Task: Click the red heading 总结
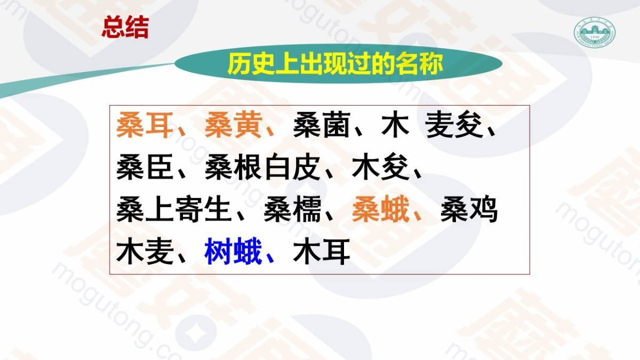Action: (x=125, y=27)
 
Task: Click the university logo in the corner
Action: (x=595, y=32)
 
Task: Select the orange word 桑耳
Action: (x=145, y=125)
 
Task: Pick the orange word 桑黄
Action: (x=234, y=125)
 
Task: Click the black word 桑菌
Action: (x=322, y=125)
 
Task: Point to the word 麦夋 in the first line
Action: (x=454, y=125)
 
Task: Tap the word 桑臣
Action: (x=145, y=167)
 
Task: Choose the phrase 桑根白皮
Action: (x=262, y=167)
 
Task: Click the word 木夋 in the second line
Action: (x=381, y=167)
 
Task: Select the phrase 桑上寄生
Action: (x=174, y=209)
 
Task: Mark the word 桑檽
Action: (x=292, y=209)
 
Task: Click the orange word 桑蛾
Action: (x=381, y=209)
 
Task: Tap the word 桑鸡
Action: (x=469, y=209)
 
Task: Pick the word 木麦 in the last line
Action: (x=145, y=251)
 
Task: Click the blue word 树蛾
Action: (x=234, y=251)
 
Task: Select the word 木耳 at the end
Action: (x=322, y=251)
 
